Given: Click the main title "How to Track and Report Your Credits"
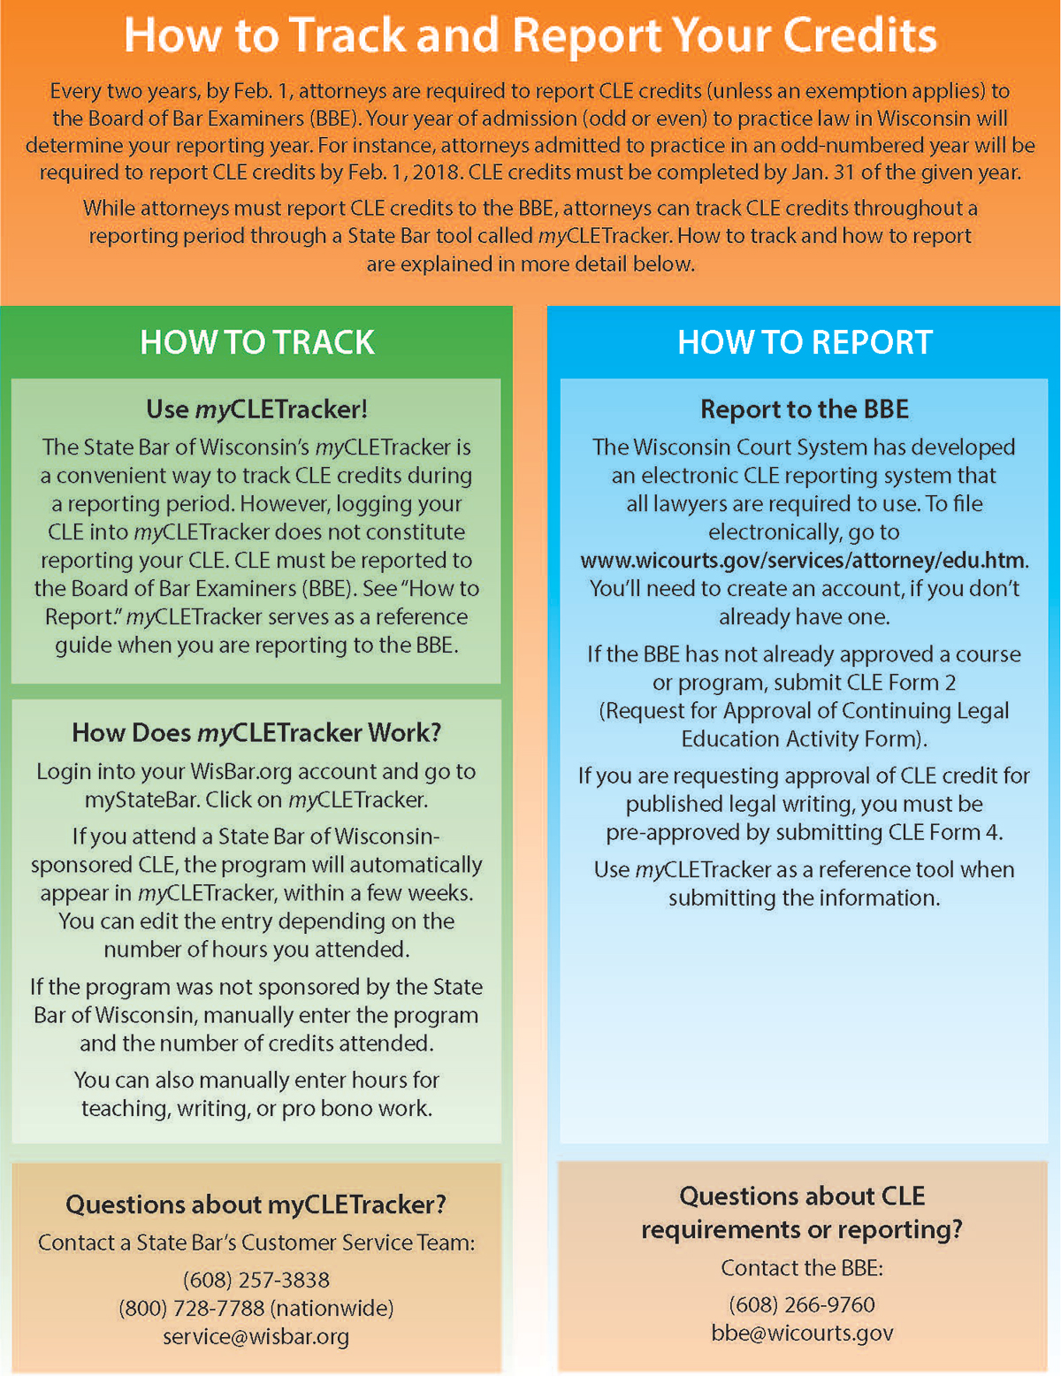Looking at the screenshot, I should pos(530,35).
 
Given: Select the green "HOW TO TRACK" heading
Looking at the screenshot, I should pos(256,342).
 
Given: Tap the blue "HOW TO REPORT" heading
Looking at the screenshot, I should pos(805,342).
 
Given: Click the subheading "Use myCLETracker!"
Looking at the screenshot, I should pos(256,409).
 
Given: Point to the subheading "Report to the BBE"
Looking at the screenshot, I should pos(805,409).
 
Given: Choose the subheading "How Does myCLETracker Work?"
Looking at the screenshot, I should pos(256,732).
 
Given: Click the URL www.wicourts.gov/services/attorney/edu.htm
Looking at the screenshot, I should pos(804,560).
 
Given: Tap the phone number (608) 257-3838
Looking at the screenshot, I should pos(256,1280).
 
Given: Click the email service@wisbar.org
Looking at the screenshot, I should pos(256,1336).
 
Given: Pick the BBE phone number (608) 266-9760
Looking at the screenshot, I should pos(802,1304).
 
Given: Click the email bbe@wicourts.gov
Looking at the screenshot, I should pos(802,1333).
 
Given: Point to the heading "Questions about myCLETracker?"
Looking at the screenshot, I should pos(256,1204).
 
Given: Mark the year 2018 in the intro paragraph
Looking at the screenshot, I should pos(435,172).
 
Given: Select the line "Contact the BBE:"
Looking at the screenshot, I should pos(802,1268).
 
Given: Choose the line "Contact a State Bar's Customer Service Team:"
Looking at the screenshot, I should pos(256,1242).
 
